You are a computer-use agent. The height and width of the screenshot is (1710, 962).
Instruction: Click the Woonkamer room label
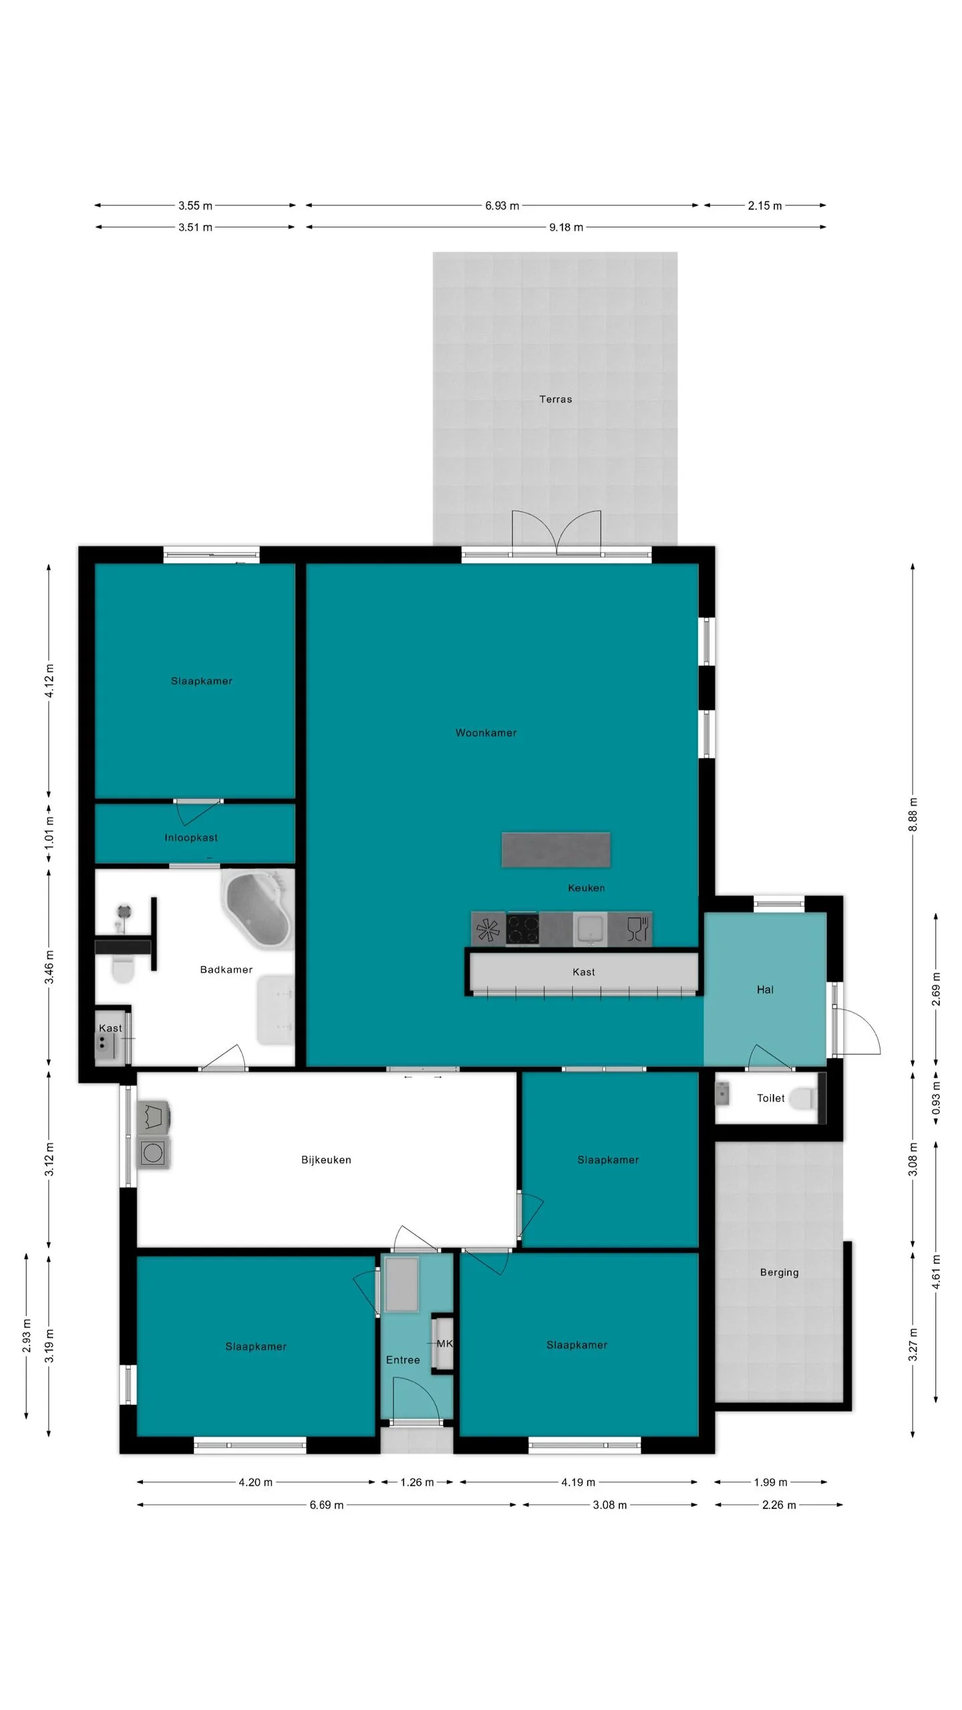486,733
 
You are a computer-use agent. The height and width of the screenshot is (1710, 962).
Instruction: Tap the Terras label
556,399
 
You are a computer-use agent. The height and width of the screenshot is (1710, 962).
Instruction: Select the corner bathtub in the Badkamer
258,908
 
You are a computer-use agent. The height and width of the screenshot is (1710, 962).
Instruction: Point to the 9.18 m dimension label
566,227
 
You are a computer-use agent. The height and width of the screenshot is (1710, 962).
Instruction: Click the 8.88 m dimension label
913,814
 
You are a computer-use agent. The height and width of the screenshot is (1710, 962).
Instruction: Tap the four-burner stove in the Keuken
522,929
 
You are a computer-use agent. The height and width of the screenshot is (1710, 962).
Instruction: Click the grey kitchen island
556,850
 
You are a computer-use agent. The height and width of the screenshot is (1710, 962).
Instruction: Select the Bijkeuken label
326,1160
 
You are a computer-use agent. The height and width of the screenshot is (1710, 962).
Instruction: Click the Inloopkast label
191,838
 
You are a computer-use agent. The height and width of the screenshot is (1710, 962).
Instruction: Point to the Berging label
779,1272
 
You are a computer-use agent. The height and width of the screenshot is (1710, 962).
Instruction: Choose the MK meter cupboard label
444,1343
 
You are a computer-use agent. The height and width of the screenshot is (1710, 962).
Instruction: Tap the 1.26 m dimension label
417,1482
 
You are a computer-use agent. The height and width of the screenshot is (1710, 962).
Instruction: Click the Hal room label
765,990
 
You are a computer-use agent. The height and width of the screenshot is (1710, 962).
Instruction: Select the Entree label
403,1360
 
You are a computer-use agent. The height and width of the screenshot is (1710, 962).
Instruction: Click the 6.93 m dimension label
502,206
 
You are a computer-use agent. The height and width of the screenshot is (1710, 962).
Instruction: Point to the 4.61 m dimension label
936,1272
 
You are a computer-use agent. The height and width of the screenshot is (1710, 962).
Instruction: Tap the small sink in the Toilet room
721,1094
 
